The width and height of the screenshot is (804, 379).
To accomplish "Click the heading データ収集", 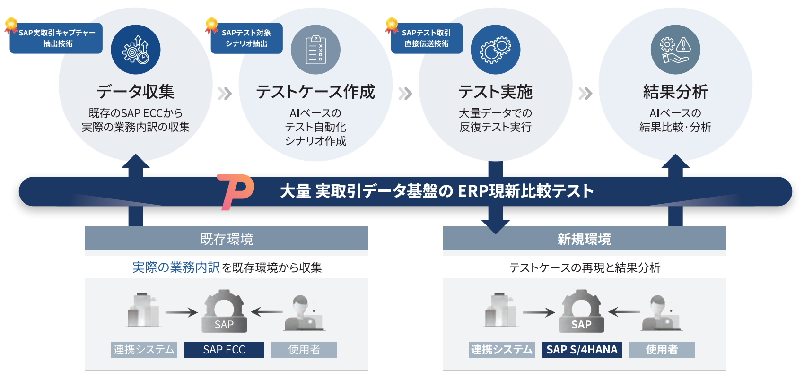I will [x=136, y=92].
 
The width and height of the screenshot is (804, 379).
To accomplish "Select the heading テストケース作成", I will [x=315, y=92].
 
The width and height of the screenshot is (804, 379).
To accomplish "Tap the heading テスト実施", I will [x=495, y=92].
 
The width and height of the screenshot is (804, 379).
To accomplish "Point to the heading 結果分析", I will [x=675, y=92].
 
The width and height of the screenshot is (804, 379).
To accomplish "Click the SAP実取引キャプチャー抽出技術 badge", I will [x=56, y=38].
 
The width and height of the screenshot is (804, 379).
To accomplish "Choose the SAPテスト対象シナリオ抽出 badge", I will [x=246, y=38].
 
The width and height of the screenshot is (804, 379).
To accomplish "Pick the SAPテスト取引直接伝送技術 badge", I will [x=427, y=38].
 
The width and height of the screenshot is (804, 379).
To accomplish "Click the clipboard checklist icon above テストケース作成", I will [x=315, y=50].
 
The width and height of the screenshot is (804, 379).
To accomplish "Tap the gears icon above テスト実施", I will [x=495, y=50].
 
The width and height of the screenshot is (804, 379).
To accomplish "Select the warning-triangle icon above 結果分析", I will [x=683, y=45].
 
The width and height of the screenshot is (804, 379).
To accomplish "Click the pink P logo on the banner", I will [x=236, y=191].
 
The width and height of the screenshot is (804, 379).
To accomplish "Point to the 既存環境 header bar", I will [x=227, y=239].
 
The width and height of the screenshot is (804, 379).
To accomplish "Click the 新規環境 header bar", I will [x=584, y=239].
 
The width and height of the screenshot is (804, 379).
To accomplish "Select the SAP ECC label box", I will [x=224, y=350].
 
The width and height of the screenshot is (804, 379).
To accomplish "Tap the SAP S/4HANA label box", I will [x=582, y=350].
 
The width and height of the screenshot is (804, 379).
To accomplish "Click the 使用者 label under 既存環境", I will [x=304, y=350].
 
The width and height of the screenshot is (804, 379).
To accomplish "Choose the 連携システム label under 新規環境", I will [x=502, y=350].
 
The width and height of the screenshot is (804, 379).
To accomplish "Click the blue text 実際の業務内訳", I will [x=176, y=267].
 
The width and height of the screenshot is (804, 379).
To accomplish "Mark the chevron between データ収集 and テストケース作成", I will [x=225, y=94].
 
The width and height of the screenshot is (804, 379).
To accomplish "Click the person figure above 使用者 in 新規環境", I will [x=660, y=313].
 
